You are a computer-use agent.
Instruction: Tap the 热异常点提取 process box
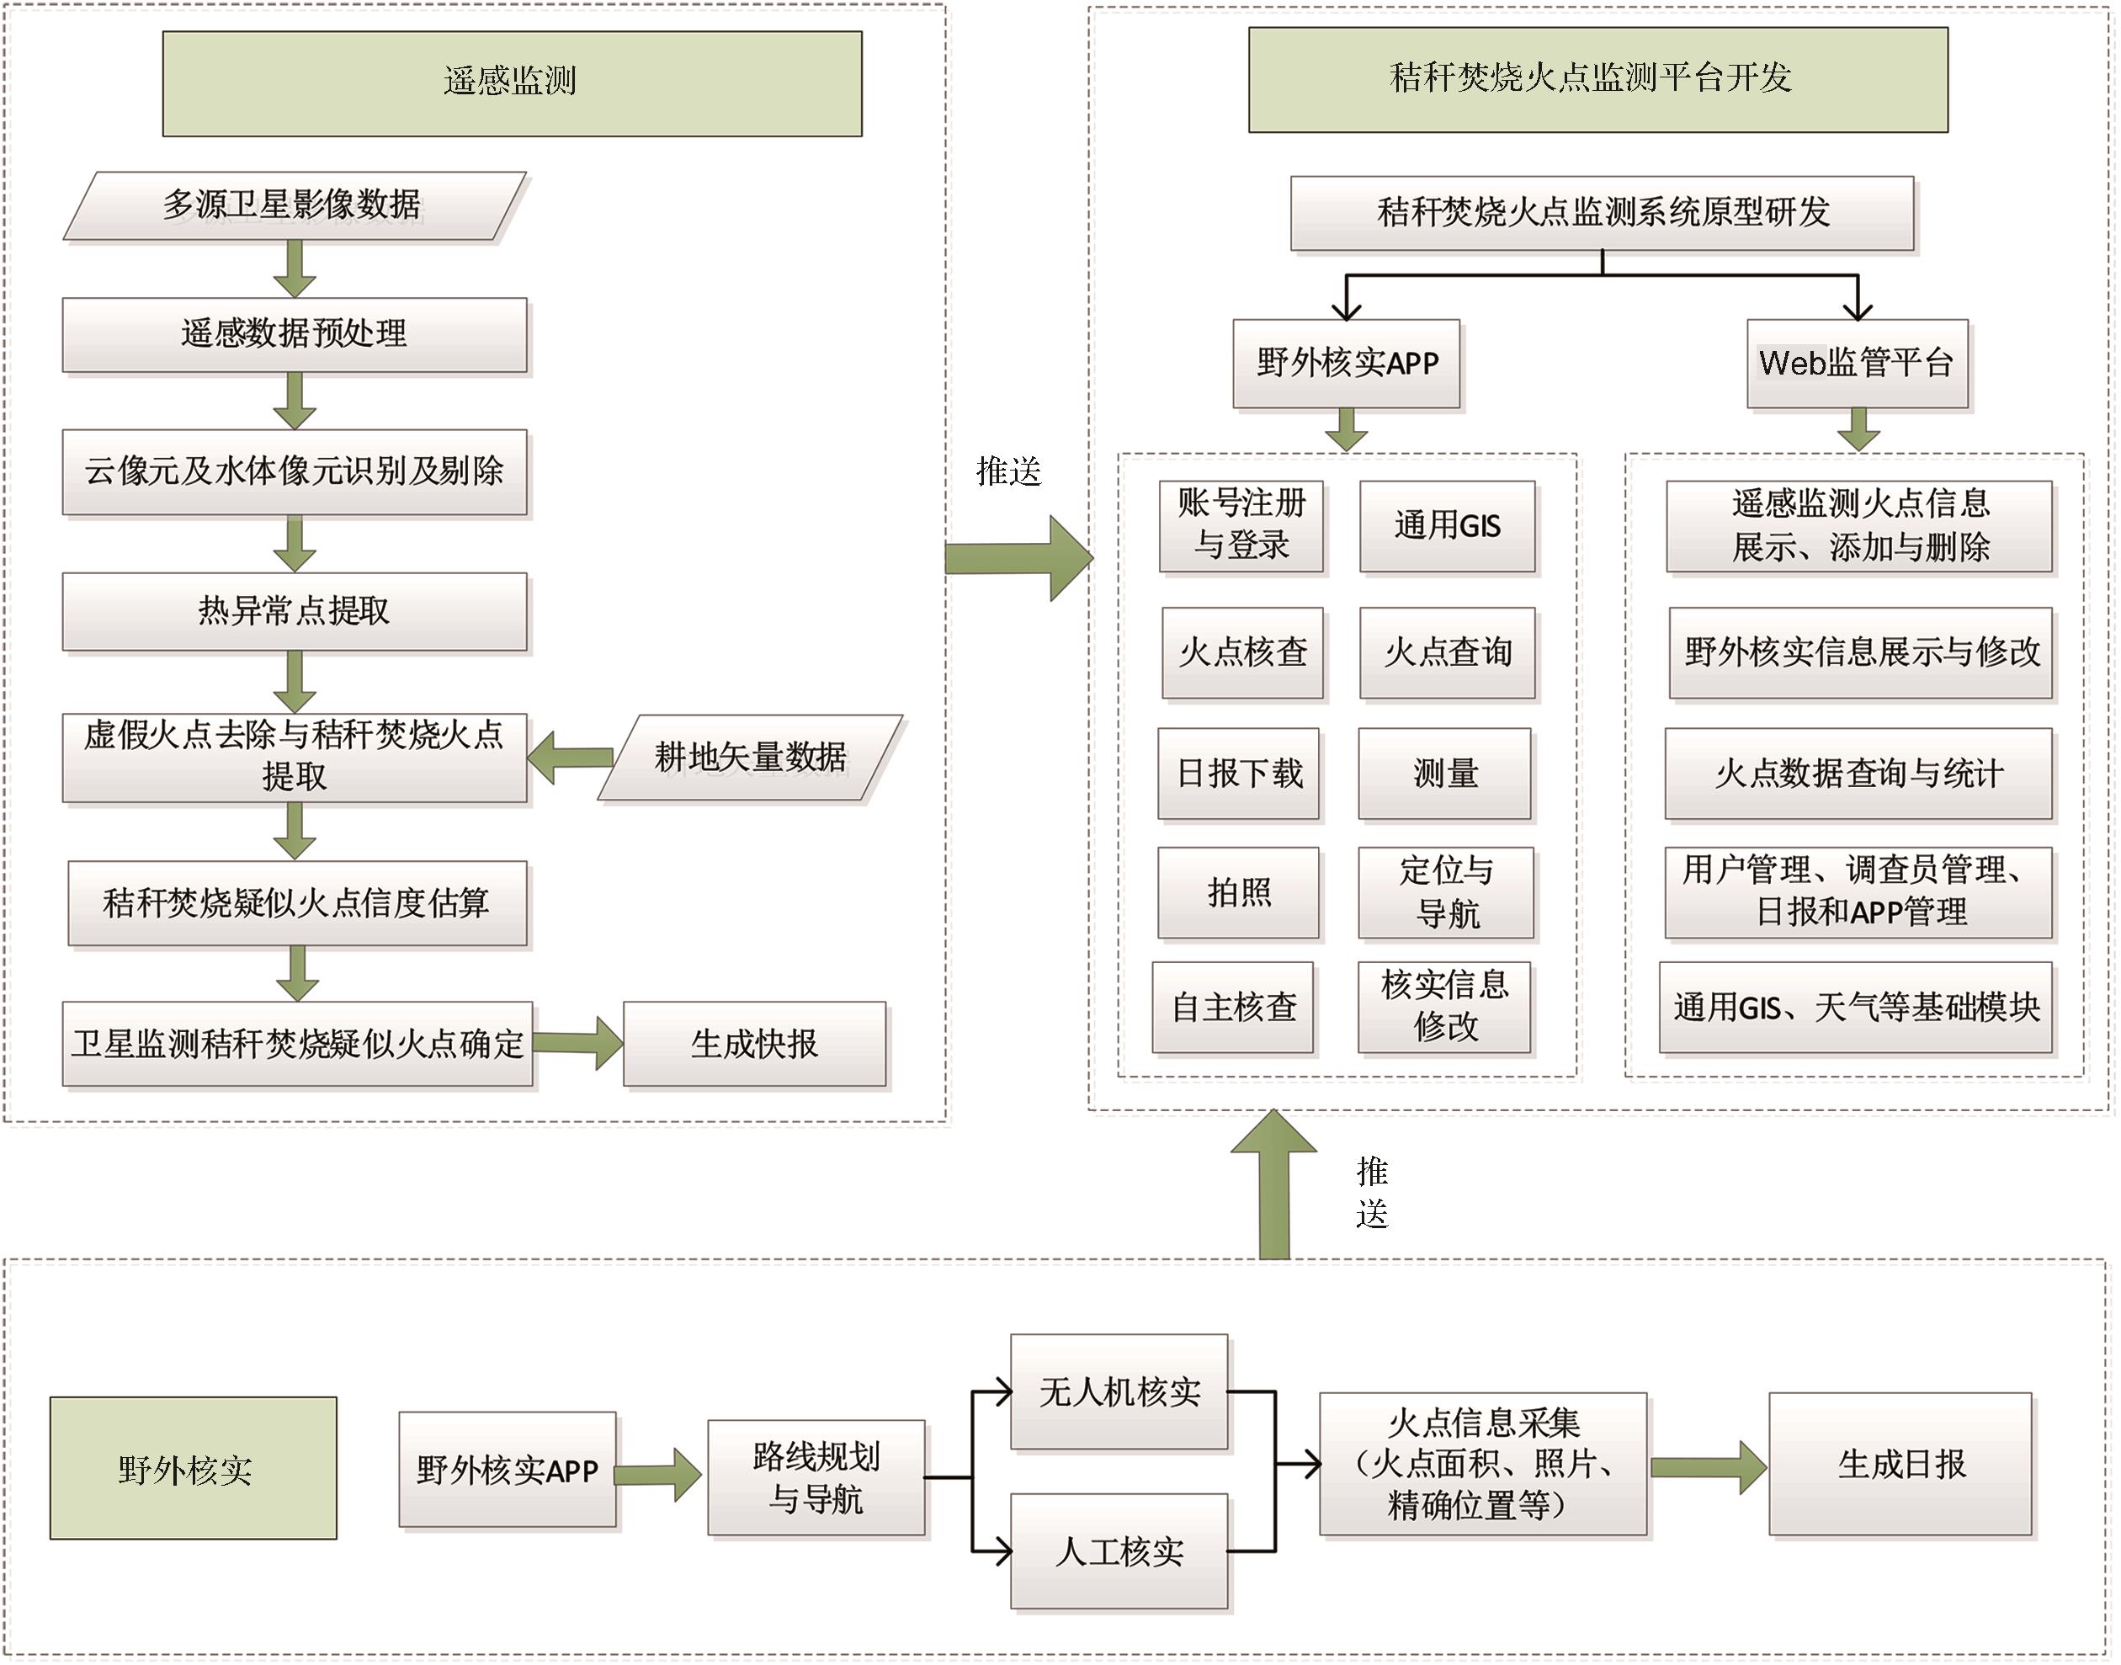(295, 611)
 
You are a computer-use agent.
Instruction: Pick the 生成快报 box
(754, 1044)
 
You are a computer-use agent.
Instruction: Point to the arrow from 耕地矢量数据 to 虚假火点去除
(570, 758)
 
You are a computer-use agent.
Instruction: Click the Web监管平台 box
(1857, 363)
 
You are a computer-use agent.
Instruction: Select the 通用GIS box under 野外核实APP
(1448, 526)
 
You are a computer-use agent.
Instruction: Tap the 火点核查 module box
(1243, 652)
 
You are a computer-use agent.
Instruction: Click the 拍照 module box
(1239, 893)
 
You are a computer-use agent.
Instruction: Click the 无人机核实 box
(1119, 1391)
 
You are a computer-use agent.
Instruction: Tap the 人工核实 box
(1119, 1551)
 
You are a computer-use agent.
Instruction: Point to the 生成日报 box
(1900, 1464)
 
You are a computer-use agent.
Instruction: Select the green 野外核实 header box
(193, 1468)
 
